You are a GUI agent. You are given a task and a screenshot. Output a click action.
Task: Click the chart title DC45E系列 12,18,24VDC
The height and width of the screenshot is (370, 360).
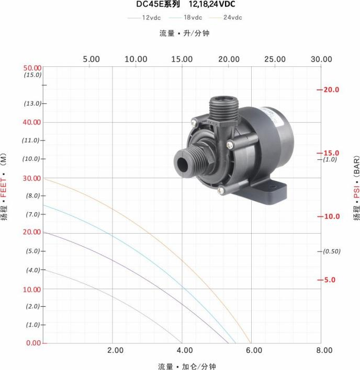tap(186, 4)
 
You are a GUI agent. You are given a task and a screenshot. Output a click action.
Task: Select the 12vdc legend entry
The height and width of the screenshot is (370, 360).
tap(144, 18)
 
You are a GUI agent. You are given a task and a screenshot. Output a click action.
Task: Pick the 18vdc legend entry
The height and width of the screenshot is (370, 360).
tap(186, 17)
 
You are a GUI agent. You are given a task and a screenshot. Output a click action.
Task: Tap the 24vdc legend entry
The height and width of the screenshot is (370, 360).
tap(226, 17)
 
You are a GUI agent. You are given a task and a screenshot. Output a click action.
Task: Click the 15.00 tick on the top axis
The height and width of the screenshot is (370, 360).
tap(182, 59)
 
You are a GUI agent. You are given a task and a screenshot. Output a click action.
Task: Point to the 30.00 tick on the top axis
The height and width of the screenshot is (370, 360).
tap(321, 59)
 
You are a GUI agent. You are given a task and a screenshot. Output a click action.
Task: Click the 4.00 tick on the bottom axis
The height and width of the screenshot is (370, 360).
tap(185, 350)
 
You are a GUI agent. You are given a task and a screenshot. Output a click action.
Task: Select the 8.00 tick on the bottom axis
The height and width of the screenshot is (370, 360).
tap(324, 350)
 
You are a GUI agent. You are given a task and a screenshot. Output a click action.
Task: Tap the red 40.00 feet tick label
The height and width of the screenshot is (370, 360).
tap(32, 122)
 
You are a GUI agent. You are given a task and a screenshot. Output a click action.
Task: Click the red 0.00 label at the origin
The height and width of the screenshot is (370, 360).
tap(33, 343)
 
